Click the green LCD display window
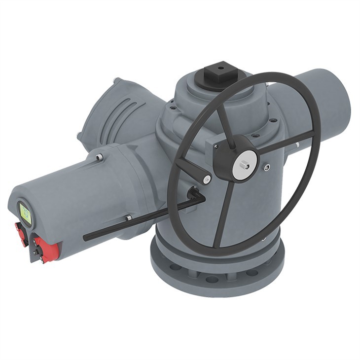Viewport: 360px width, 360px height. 25,213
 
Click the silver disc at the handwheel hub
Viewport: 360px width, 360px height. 246,159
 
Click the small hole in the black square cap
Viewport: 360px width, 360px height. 220,68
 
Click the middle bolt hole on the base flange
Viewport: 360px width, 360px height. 213,279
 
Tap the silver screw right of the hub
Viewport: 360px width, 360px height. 267,168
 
